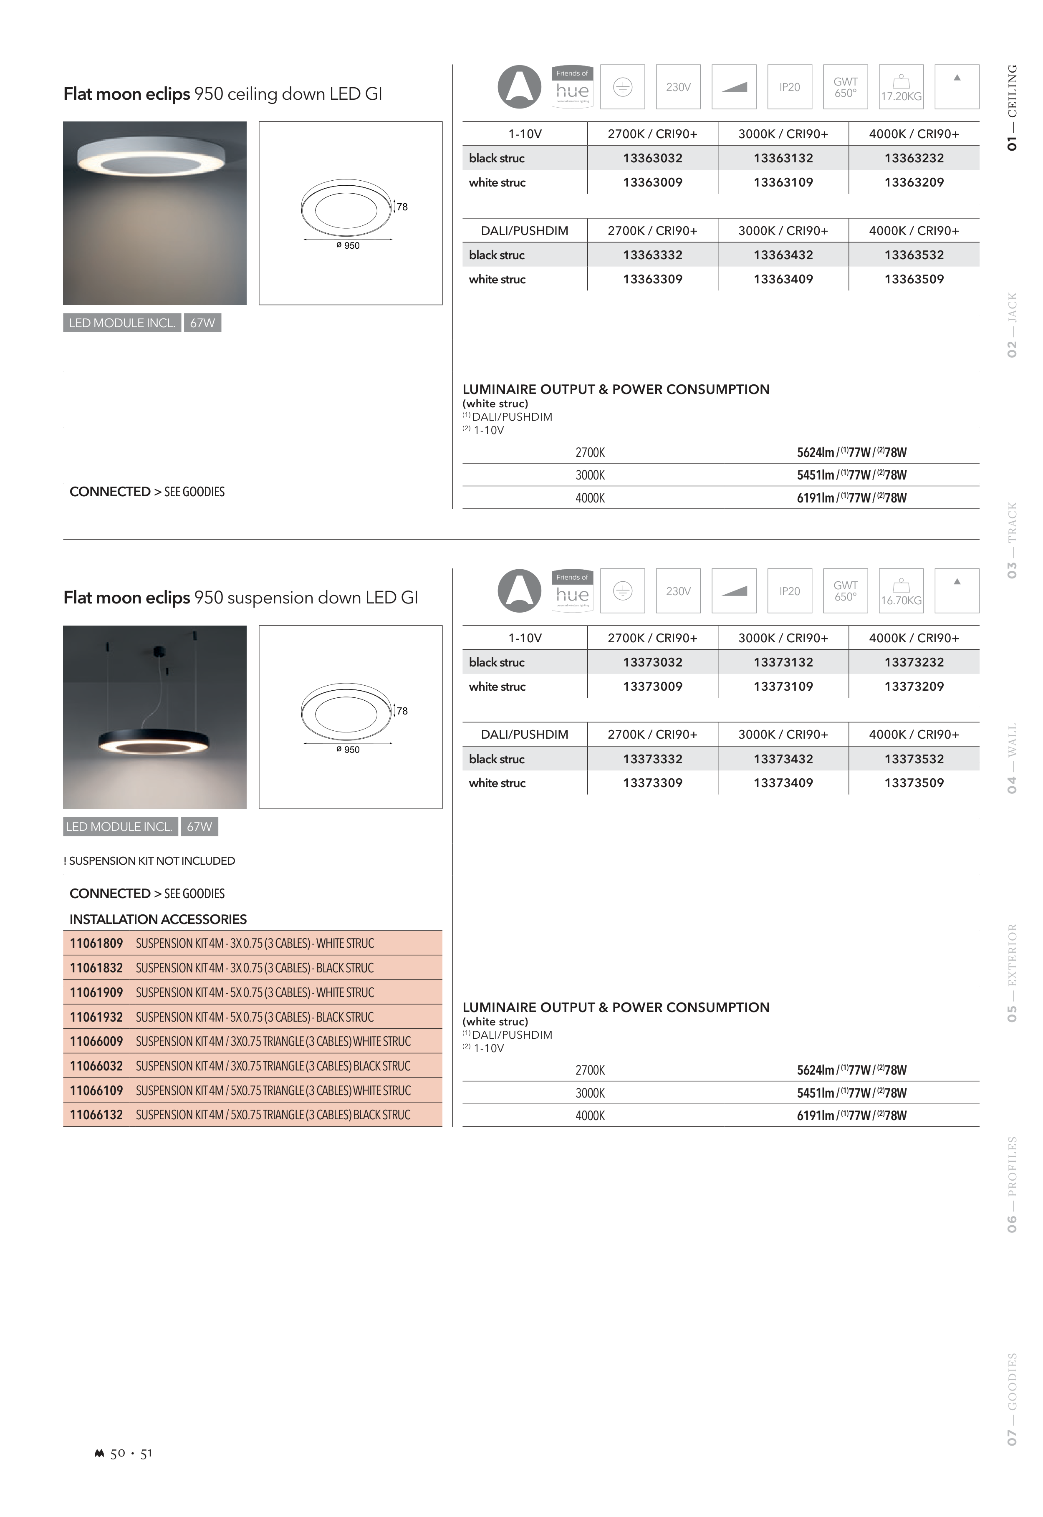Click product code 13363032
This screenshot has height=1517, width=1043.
click(x=652, y=158)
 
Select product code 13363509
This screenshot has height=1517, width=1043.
click(x=914, y=279)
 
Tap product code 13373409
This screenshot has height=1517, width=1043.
click(x=783, y=782)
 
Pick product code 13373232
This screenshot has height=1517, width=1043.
click(x=914, y=662)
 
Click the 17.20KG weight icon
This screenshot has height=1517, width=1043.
click(x=901, y=87)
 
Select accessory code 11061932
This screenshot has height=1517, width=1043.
click(x=96, y=1017)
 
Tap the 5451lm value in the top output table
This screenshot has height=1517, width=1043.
click(x=815, y=475)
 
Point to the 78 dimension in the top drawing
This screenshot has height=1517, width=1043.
click(x=402, y=207)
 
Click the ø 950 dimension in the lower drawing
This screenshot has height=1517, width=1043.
click(x=348, y=750)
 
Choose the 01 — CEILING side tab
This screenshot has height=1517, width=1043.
click(x=1012, y=108)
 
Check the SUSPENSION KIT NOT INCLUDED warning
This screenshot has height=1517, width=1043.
click(x=150, y=861)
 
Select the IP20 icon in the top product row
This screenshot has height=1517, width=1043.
click(x=789, y=87)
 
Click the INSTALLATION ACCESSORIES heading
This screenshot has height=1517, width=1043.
click(x=158, y=919)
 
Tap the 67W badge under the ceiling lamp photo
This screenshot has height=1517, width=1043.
click(x=202, y=323)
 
